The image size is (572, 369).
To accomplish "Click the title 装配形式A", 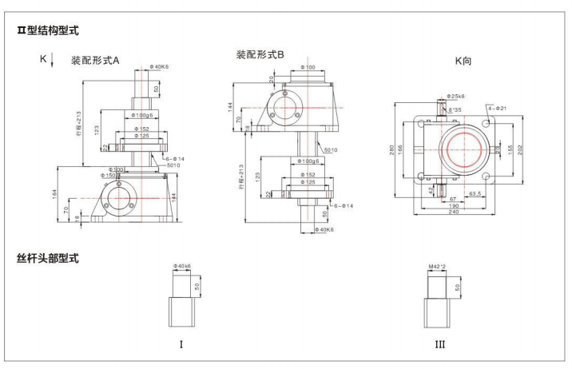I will pyautogui.click(x=95, y=60).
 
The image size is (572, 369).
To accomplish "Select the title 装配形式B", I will pyautogui.click(x=260, y=54).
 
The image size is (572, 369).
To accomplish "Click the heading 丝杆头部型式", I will pyautogui.click(x=53, y=259).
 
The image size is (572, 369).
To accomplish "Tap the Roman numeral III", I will pyautogui.click(x=440, y=344).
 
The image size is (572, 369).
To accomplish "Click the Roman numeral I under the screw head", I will pyautogui.click(x=181, y=344).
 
